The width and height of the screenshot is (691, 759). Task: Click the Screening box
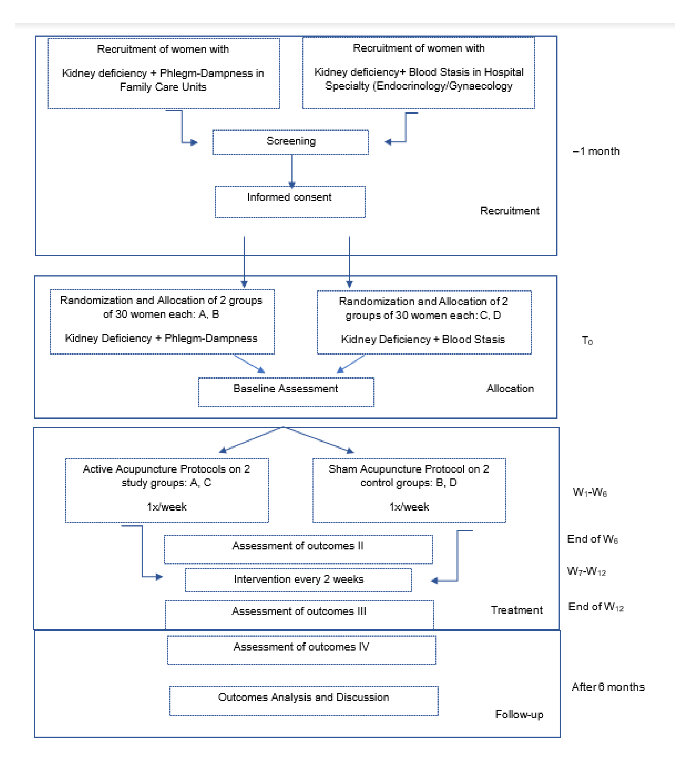(291, 142)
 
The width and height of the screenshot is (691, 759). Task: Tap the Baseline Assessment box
(286, 392)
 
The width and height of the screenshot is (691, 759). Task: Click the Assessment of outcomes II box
(298, 549)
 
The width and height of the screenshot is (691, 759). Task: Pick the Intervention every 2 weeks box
(298, 579)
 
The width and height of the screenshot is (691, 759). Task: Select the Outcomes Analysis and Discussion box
(304, 700)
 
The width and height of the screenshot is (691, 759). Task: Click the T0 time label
(587, 341)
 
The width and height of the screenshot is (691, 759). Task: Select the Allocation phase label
(510, 389)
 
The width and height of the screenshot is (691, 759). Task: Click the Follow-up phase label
(519, 714)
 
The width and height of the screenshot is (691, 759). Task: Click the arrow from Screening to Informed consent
(292, 170)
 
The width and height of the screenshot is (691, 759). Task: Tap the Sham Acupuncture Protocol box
(409, 490)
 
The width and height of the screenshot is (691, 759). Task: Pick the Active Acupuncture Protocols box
(167, 490)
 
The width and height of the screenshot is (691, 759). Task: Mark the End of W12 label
(595, 607)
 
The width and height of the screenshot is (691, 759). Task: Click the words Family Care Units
(163, 87)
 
